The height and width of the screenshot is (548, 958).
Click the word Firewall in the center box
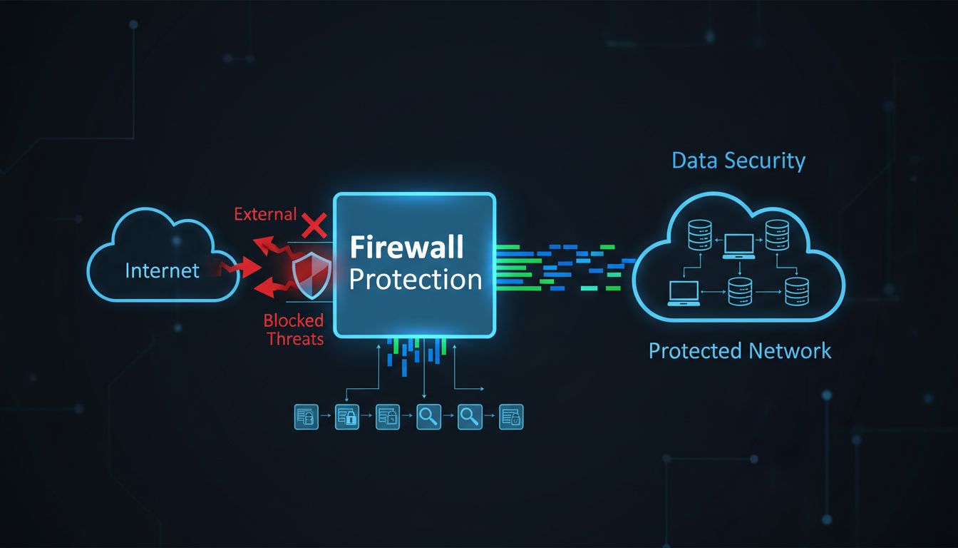pos(406,248)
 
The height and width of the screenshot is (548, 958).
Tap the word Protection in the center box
pos(416,279)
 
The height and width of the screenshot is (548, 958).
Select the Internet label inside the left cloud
pos(162,270)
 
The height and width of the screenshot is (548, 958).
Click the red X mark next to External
pos(313,225)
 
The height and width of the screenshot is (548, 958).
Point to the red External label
pos(265,214)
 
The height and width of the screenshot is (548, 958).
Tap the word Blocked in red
pos(294,320)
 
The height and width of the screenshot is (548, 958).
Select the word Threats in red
pos(295,338)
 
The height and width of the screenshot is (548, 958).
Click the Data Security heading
pos(738,161)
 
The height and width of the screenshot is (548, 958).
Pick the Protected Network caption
pos(740,350)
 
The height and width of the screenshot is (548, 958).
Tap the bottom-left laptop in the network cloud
pos(683,293)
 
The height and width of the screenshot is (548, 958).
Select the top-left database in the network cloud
pos(700,234)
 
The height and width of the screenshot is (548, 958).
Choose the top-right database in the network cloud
pos(776,234)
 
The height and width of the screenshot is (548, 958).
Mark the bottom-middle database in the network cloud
pos(739,292)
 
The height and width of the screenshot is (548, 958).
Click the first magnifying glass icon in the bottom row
pos(428,417)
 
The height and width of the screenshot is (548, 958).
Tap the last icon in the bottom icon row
pos(511,417)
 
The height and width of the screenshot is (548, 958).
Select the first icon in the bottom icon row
pos(305,417)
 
